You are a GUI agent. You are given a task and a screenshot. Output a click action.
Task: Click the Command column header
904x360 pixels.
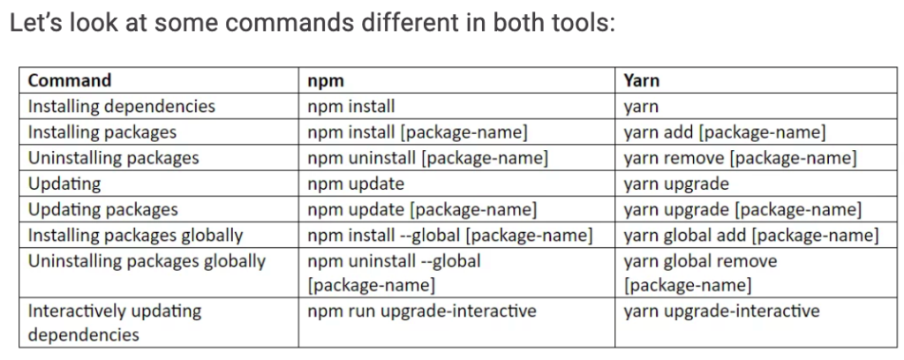69,80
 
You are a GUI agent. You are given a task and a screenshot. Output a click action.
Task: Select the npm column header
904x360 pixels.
326,81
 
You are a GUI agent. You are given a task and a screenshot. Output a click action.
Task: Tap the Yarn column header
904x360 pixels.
641,80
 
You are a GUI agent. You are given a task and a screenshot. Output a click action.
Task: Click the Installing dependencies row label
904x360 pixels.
122,107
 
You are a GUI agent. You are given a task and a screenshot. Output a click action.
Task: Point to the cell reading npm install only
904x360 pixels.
351,107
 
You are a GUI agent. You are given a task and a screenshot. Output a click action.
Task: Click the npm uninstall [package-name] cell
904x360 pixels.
428,159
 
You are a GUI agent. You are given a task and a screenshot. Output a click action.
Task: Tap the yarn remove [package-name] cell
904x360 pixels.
741,159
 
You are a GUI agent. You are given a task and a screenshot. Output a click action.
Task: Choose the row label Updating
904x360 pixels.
64,184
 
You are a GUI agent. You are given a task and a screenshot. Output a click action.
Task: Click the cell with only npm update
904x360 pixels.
356,184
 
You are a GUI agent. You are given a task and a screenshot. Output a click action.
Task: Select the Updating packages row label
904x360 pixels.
102,210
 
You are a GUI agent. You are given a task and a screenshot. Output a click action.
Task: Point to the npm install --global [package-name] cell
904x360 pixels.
450,236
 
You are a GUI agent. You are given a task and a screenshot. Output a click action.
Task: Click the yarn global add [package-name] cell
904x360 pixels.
751,236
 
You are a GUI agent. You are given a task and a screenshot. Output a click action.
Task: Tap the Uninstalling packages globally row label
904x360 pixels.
147,261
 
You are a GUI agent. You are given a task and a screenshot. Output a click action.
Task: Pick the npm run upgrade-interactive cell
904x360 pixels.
422,311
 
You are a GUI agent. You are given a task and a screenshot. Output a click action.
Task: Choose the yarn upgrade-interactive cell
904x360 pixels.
721,311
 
